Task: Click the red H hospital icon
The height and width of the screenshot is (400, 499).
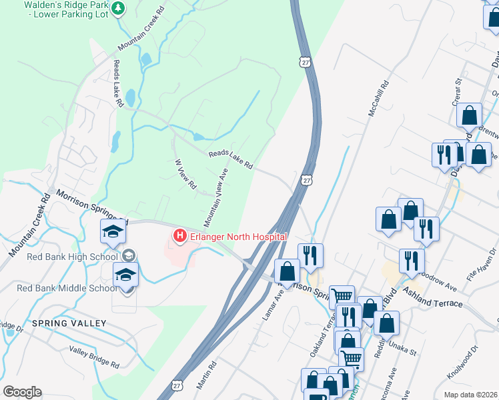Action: [x=179, y=236]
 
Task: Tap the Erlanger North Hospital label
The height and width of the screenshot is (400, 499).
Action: [x=237, y=237]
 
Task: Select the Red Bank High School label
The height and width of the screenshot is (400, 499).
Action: [x=72, y=256]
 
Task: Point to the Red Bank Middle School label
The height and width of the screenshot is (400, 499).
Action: [x=67, y=288]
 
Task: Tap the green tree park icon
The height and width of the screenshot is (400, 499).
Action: [x=118, y=8]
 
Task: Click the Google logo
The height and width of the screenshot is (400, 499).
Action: [x=22, y=392]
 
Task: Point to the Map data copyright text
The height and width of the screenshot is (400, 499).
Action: [x=470, y=395]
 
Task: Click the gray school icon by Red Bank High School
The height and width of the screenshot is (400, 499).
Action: [x=128, y=255]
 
